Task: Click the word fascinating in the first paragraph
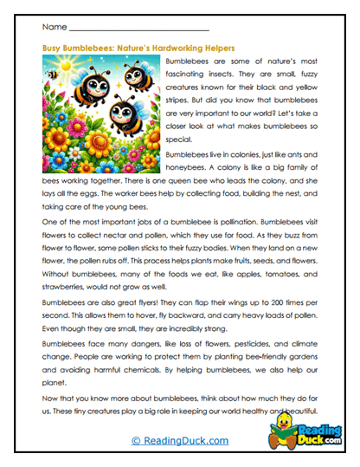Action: click(190, 75)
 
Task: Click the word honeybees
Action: click(187, 165)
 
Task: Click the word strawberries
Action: click(65, 284)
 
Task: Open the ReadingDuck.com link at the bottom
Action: click(179, 441)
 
